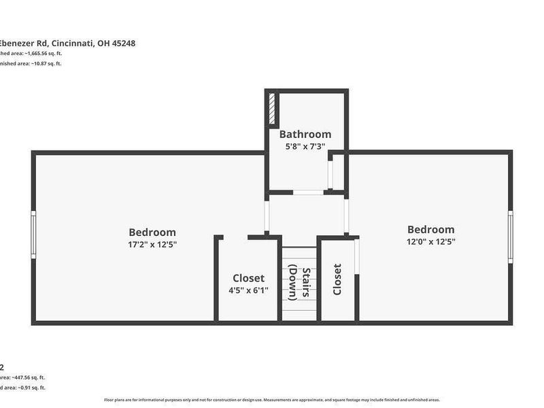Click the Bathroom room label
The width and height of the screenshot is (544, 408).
pos(305,134)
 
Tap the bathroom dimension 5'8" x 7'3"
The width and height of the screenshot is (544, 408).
pos(305,146)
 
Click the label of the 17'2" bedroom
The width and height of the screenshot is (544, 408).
pos(152,232)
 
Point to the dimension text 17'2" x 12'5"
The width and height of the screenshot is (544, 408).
pos(152,243)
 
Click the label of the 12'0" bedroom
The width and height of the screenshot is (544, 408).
pos(430,229)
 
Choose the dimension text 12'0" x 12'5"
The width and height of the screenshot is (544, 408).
pos(430,241)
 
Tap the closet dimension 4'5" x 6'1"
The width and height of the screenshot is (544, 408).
pos(248,290)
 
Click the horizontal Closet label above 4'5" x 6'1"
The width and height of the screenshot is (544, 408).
pos(248,278)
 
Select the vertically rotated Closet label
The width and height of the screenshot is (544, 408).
pos(337,279)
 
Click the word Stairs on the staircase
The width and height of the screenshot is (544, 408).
pos(307,283)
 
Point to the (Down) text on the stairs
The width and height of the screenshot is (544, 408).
pos(293,283)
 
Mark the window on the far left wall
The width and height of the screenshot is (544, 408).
pos(33,235)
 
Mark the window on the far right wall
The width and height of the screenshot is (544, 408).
pos(511,237)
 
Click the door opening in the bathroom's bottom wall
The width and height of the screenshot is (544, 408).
pos(308,192)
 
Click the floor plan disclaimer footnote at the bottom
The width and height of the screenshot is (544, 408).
pos(272,400)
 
